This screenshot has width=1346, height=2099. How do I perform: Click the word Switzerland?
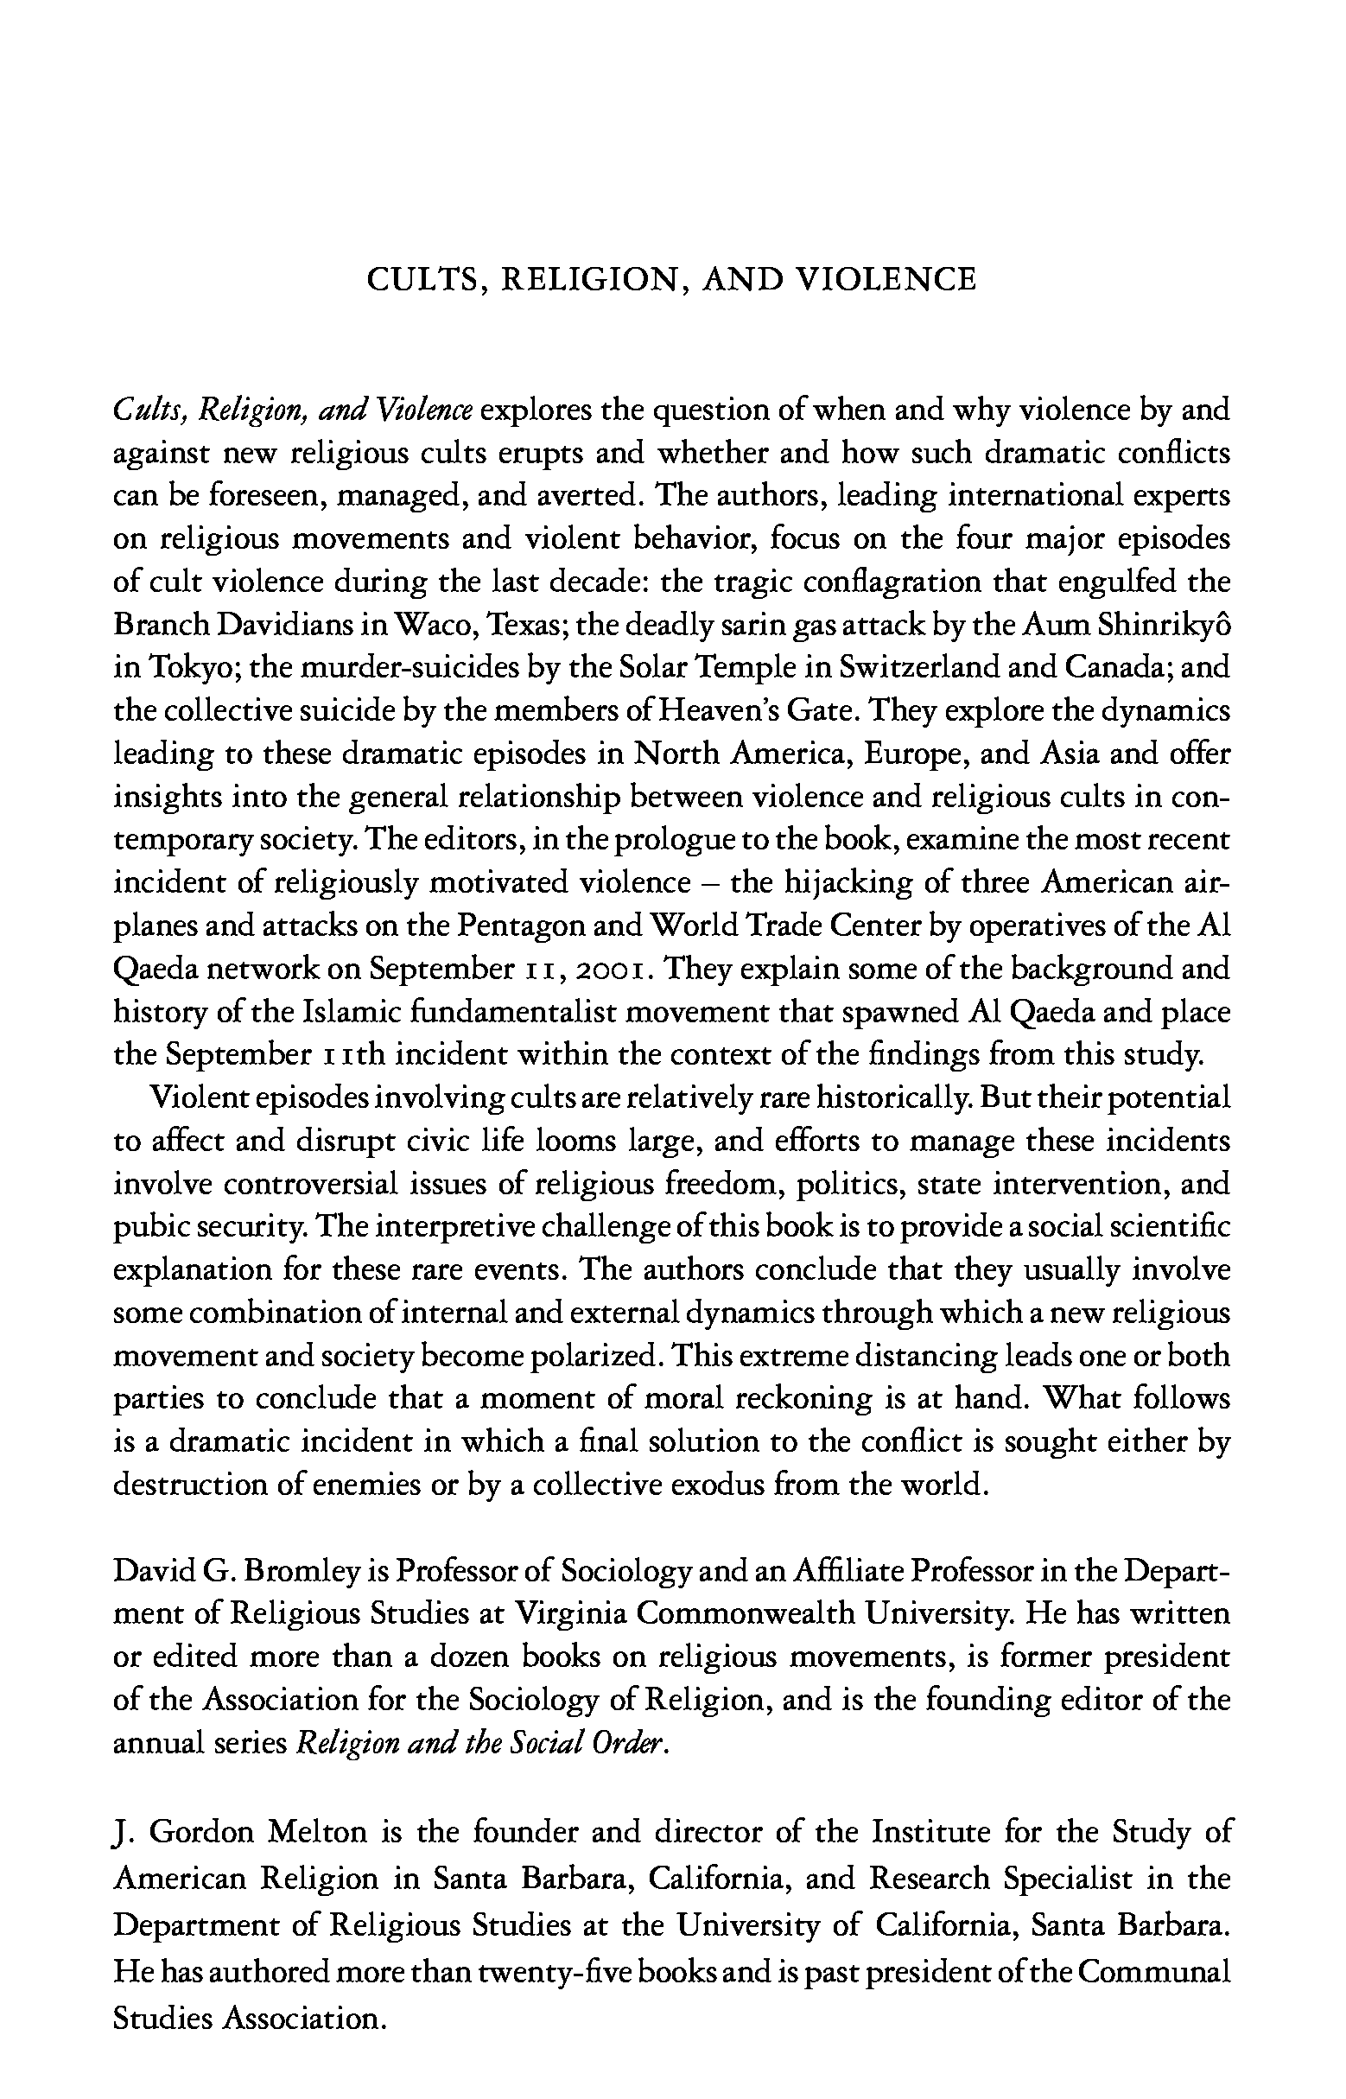908,668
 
